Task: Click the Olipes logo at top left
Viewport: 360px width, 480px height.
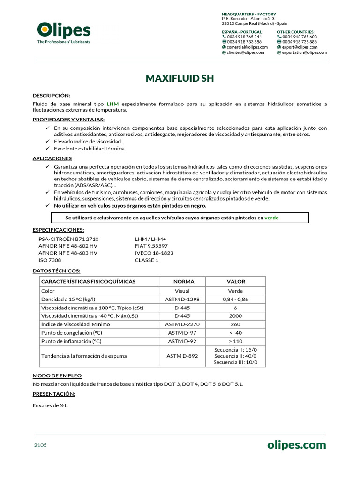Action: [x=64, y=32]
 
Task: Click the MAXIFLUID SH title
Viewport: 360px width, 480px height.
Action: [x=180, y=78]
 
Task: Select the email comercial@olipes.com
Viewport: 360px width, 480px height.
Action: [x=247, y=47]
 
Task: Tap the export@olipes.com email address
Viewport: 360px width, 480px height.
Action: [x=300, y=47]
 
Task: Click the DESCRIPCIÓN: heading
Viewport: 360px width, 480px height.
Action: [x=51, y=95]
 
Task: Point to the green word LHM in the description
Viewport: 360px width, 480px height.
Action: [x=112, y=104]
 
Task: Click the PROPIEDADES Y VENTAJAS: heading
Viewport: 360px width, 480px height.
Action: [x=68, y=120]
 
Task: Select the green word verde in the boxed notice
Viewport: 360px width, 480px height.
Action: [x=271, y=217]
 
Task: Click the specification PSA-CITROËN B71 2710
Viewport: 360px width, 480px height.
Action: [x=68, y=239]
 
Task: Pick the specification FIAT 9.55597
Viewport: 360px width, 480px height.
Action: [x=151, y=246]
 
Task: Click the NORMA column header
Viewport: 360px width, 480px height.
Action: [x=183, y=282]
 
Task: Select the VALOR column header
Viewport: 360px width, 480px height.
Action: [x=236, y=282]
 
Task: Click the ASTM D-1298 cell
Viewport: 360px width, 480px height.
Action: [x=182, y=299]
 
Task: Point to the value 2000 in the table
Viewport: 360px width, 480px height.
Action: [x=236, y=316]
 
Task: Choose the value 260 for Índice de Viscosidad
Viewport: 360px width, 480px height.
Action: [x=235, y=324]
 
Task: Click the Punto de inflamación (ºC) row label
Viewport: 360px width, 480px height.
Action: [x=71, y=341]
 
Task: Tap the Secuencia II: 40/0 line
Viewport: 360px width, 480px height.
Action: [x=235, y=356]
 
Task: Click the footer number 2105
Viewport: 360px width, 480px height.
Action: [x=40, y=445]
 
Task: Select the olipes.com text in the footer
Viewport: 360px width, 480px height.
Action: [x=296, y=445]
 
